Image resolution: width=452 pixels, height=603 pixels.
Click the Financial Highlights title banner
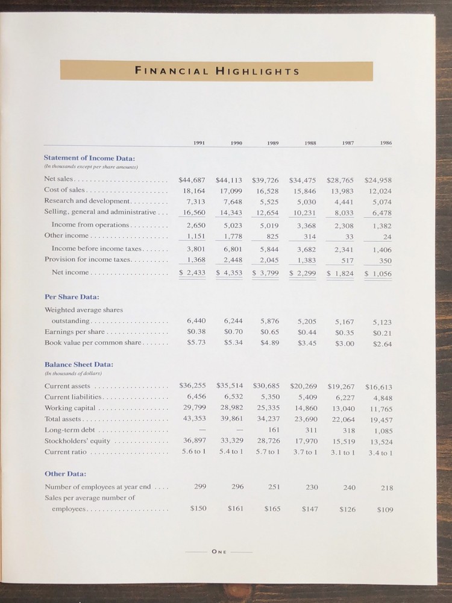coord(218,71)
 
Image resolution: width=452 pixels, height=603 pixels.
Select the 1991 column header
coord(198,143)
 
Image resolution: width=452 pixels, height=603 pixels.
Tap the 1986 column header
coord(386,143)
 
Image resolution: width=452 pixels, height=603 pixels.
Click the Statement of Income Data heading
coord(90,158)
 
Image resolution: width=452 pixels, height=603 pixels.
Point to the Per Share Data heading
coord(72,297)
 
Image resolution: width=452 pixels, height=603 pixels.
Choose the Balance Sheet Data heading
coord(79,364)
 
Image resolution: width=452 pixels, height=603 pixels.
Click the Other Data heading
coord(65,473)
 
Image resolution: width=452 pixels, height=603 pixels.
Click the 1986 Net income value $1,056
coord(378,273)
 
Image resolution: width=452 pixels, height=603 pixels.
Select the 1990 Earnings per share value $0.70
coord(233,332)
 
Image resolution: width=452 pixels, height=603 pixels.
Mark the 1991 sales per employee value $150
coord(198,508)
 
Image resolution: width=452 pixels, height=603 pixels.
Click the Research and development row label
coord(87,201)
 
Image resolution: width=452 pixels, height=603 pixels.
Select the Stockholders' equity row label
coord(77,441)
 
